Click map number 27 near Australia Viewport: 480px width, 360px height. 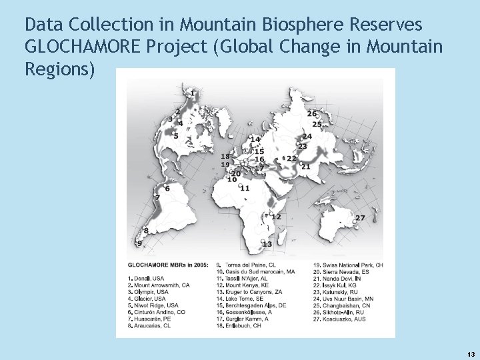point(360,219)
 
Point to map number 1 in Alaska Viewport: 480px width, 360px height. point(193,92)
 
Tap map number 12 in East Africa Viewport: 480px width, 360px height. point(276,217)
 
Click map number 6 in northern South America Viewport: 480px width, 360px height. point(167,189)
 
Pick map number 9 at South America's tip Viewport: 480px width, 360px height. point(139,244)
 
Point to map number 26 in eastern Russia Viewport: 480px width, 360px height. point(312,114)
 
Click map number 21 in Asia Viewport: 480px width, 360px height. point(306,167)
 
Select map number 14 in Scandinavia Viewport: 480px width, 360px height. point(255,139)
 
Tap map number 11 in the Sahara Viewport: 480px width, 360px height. point(245,189)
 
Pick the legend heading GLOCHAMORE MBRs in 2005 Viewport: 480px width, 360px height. point(164,265)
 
